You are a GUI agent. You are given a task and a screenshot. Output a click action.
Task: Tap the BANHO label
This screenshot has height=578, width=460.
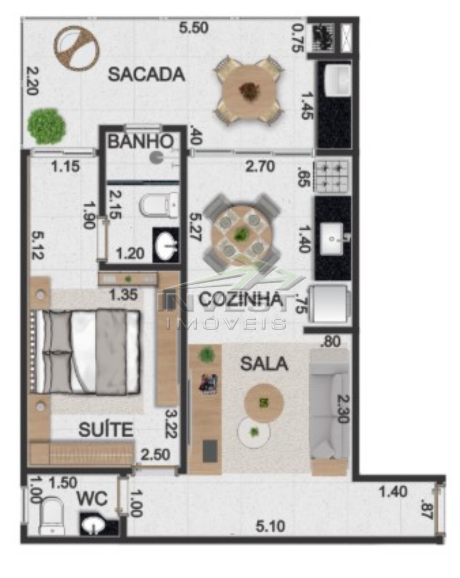[x=140, y=141]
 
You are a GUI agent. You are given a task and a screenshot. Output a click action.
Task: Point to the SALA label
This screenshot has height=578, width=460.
[x=264, y=364]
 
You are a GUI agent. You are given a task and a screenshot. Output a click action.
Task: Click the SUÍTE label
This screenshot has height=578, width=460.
[x=106, y=429]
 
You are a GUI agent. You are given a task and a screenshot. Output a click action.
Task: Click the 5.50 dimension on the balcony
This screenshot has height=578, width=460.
[x=194, y=28]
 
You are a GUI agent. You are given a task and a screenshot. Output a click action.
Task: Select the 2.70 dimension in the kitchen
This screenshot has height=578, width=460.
[x=260, y=166]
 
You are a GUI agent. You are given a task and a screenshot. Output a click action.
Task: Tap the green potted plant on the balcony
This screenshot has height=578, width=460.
[x=46, y=126]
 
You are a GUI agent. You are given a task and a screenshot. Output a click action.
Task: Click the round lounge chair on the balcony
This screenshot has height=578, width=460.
[x=77, y=48]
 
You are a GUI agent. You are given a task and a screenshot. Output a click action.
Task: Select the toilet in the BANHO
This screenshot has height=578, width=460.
[x=159, y=206]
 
